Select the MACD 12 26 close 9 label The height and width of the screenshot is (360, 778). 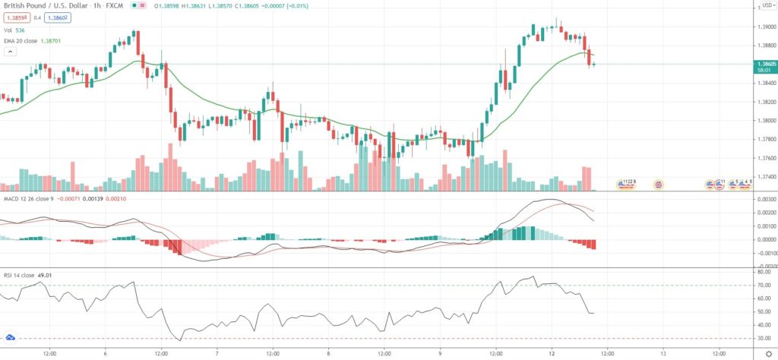point(31,201)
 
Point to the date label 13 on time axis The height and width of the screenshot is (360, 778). point(663,353)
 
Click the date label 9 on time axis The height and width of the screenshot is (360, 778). point(440,353)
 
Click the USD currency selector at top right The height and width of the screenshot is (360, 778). point(762,5)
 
